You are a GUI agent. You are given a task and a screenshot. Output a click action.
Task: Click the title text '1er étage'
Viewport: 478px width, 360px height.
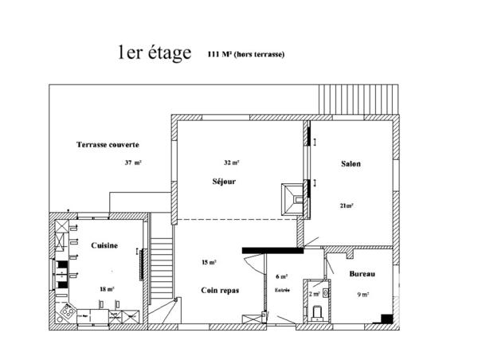[x=154, y=53]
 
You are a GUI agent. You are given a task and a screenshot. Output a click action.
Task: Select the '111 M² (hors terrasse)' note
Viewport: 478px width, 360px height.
[x=245, y=54]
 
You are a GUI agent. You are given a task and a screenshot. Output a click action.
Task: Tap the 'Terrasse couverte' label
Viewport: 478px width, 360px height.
[x=108, y=145]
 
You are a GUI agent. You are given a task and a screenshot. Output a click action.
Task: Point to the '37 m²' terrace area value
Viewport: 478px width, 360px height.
[x=133, y=162]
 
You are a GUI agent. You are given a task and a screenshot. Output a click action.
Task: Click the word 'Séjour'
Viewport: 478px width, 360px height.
[x=224, y=182]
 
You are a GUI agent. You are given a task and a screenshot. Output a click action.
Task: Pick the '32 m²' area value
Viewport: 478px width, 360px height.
[x=232, y=162]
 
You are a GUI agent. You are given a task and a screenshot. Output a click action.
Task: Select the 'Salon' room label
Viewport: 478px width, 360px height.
[x=351, y=164]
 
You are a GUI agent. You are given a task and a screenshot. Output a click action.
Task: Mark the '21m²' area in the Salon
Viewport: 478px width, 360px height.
[x=347, y=205]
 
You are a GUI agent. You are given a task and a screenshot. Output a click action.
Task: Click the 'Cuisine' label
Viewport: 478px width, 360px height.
[x=104, y=246]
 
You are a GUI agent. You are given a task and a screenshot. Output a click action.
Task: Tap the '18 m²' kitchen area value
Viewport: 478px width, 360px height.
[x=107, y=289]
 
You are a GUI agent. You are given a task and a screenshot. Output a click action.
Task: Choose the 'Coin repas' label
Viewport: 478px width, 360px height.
[x=219, y=291]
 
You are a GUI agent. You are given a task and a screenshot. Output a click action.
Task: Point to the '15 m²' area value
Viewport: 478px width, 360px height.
[x=210, y=262]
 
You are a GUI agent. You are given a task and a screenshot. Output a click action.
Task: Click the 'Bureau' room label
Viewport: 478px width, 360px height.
[x=362, y=274]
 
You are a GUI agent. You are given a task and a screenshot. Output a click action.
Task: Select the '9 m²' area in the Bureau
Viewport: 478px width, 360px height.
[x=362, y=295]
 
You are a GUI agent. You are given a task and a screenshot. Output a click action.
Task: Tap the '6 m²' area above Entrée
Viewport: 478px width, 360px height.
[x=281, y=276]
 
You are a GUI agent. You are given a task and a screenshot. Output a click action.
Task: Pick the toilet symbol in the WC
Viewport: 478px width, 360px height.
[x=316, y=311]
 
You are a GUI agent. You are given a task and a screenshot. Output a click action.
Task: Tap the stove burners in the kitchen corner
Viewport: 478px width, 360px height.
[x=67, y=313]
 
